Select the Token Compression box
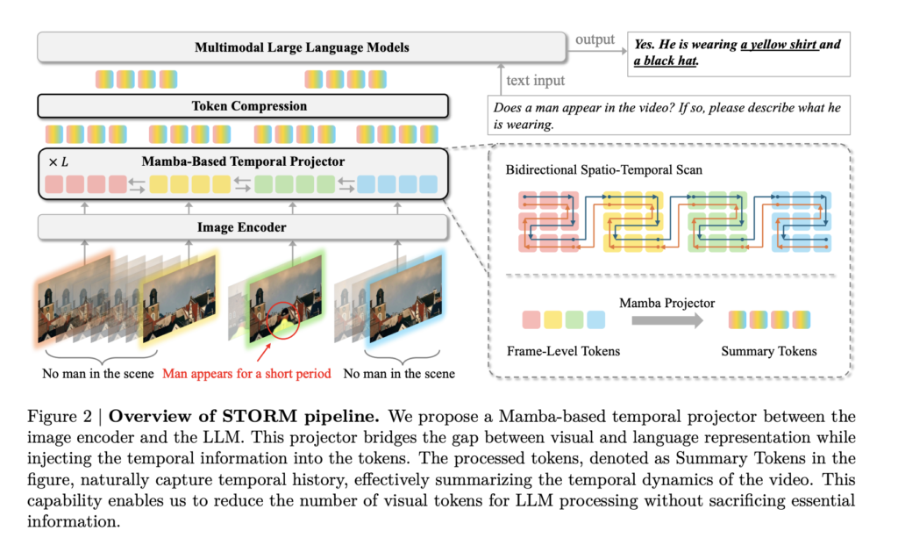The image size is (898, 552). pos(249,106)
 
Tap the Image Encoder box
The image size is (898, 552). pos(243,227)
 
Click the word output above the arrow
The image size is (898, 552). pos(595,39)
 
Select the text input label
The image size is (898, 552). pos(535,81)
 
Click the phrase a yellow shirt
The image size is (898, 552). pos(779,45)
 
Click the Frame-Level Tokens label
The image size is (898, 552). pos(563,351)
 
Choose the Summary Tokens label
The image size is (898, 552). pos(768,351)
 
